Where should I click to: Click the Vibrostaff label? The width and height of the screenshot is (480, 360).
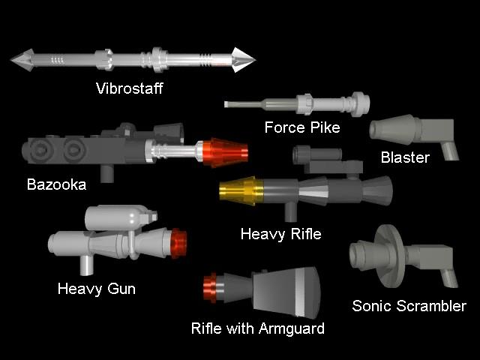pos(129,88)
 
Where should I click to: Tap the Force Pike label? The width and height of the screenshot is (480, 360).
pos(301,127)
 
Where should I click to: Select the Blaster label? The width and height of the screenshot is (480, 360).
pos(405,157)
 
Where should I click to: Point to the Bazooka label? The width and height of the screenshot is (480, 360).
pos(56,184)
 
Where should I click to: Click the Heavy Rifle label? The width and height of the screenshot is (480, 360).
pos(280,234)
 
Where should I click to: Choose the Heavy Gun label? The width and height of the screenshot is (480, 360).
pos(96,288)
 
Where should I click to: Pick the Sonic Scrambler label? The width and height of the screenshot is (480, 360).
pos(409,305)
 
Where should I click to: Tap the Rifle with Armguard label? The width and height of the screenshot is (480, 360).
pos(257,328)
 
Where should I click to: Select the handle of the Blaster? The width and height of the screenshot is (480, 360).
pos(449,149)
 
